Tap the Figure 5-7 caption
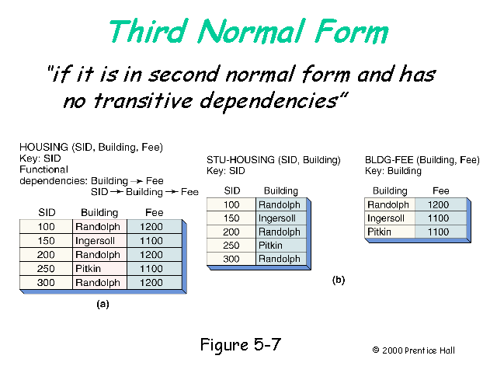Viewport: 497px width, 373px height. click(x=239, y=344)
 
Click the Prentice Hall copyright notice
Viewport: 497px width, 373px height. click(x=413, y=350)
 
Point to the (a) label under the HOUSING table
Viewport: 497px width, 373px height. click(x=103, y=305)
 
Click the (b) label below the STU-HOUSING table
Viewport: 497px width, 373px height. click(x=338, y=279)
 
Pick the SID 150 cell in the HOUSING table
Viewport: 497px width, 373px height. click(x=46, y=241)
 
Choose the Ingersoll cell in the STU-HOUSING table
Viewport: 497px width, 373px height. click(x=278, y=218)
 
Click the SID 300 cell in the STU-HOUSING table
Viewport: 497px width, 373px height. click(x=232, y=259)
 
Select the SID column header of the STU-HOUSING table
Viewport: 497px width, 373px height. click(x=232, y=190)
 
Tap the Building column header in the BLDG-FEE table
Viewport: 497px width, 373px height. click(x=389, y=190)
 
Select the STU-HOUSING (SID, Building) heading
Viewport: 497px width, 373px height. click(x=273, y=160)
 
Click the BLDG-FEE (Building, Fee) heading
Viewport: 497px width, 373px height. click(x=422, y=160)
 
